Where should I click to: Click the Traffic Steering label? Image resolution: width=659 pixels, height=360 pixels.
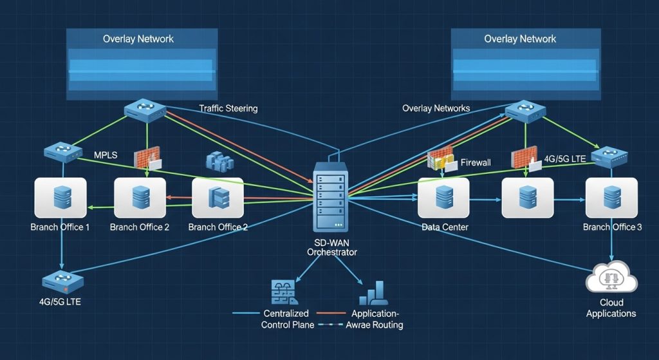click(228, 108)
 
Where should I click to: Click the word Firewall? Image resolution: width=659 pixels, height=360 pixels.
click(476, 163)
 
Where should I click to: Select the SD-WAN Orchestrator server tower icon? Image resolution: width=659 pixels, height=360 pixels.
click(331, 197)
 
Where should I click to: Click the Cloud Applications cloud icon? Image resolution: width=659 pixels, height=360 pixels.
click(611, 279)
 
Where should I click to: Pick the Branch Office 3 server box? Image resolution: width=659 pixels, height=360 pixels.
click(611, 197)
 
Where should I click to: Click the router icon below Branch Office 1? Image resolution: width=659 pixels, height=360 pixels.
click(63, 281)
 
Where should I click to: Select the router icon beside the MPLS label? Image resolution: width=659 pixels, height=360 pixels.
click(63, 153)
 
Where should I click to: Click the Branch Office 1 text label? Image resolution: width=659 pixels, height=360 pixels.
click(60, 227)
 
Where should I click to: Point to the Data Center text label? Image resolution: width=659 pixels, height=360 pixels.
click(445, 227)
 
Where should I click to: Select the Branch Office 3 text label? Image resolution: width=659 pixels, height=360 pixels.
click(612, 227)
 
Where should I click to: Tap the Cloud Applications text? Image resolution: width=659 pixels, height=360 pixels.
click(611, 308)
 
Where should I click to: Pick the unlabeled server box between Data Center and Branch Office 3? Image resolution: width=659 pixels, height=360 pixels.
click(528, 197)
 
